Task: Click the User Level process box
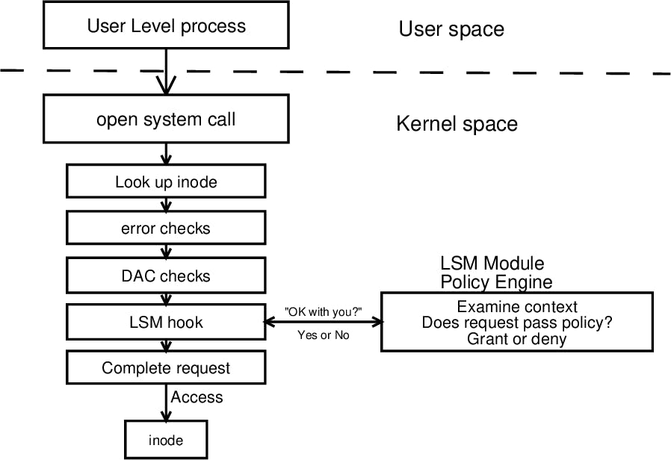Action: [166, 26]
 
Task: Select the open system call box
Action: [166, 119]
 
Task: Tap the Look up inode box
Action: [166, 182]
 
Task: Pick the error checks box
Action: [166, 229]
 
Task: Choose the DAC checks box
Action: [166, 276]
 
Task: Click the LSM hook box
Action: [166, 323]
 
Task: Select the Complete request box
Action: [166, 368]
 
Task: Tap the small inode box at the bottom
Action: [165, 440]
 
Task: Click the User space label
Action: [451, 29]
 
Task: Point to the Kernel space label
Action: [457, 124]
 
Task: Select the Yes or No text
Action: [323, 335]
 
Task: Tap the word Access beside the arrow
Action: [197, 397]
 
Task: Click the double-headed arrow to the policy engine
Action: [323, 323]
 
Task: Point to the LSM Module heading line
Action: [492, 264]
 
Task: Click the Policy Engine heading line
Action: [496, 282]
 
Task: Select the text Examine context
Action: [517, 307]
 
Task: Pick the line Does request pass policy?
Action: [517, 323]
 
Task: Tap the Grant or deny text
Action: [517, 339]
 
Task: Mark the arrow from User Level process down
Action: [166, 71]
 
